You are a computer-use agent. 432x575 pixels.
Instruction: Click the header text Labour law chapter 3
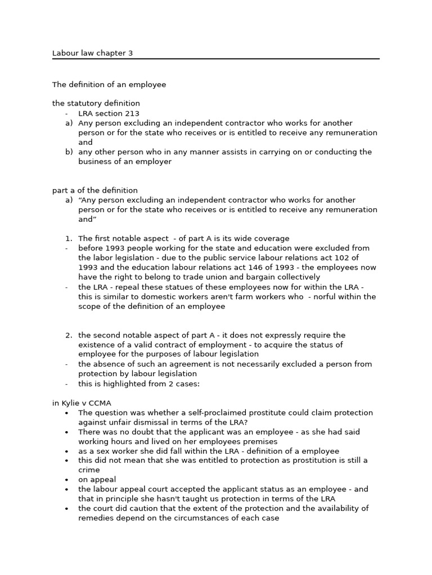point(92,53)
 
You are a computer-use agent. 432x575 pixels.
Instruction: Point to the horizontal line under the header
point(215,58)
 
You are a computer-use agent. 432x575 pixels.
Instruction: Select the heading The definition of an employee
point(109,84)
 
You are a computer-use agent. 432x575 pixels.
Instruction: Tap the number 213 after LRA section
point(133,113)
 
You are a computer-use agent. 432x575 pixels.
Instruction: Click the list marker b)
point(69,152)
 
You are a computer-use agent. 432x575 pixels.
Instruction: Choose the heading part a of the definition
point(94,190)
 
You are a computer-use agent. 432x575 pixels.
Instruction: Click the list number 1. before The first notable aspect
point(69,239)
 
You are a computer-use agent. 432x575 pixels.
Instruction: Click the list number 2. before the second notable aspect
point(69,335)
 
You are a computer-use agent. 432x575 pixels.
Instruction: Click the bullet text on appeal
point(97,480)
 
